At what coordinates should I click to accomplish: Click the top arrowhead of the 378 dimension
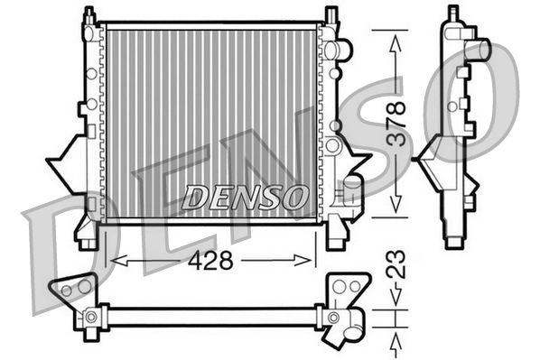point(395,36)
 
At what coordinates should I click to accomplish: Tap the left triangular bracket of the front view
point(66,161)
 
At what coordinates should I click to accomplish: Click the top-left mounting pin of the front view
point(88,16)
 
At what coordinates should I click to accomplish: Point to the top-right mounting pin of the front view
point(331,16)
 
